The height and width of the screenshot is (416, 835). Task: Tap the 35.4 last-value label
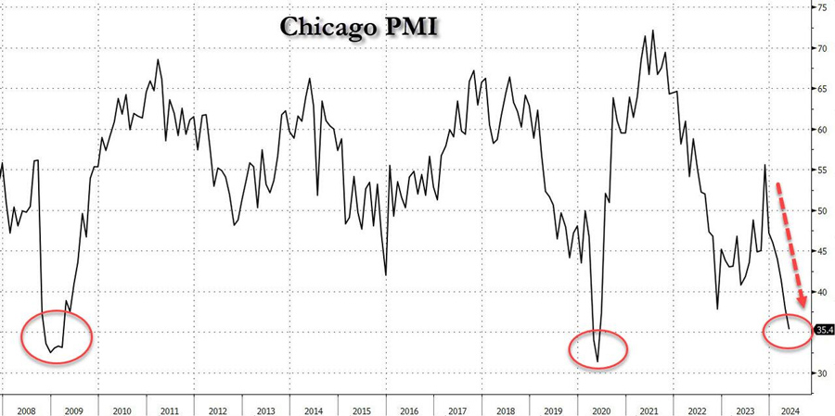click(824, 329)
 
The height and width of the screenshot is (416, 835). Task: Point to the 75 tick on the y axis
click(820, 7)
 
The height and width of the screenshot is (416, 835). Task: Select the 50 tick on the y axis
click(820, 210)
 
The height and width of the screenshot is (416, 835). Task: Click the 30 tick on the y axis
click(820, 373)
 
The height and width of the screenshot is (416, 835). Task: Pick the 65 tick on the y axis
click(820, 89)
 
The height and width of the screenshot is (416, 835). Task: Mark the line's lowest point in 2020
click(598, 361)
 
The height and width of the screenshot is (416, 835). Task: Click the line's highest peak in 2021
click(653, 31)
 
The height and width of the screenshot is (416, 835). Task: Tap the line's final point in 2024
click(789, 329)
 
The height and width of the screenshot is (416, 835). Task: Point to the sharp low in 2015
click(385, 274)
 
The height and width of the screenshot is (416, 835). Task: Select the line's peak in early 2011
click(158, 60)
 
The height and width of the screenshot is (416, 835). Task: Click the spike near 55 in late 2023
click(765, 165)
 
